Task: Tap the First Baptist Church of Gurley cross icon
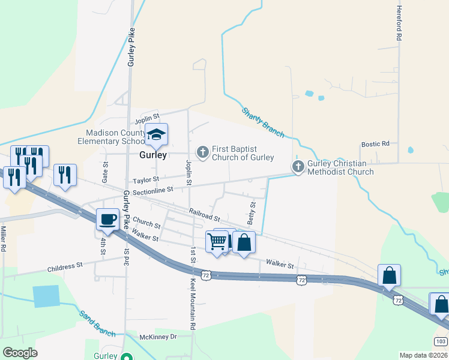click(203, 152)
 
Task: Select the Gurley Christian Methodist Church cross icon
click(298, 167)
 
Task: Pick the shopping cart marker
click(216, 241)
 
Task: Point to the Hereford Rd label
click(399, 23)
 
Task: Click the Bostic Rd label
click(375, 144)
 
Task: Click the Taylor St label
click(146, 179)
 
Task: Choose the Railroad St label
click(204, 214)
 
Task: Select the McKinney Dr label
click(158, 337)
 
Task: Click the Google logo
click(20, 353)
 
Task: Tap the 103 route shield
click(440, 341)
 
